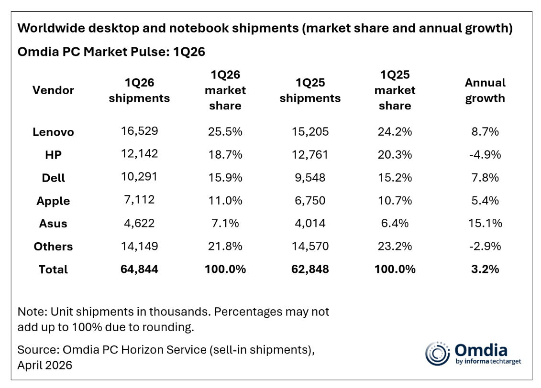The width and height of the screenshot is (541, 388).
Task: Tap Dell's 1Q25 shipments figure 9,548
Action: coord(310,177)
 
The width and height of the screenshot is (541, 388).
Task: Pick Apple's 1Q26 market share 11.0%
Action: coord(225,200)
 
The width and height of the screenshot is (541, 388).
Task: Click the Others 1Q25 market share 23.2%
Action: coord(395,246)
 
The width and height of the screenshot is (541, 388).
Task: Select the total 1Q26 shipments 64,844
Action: coord(139,269)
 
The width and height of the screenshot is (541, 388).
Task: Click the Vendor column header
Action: coord(53,90)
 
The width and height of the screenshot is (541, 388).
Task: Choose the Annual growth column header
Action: coord(485,90)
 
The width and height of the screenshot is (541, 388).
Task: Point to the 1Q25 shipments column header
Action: coord(310,90)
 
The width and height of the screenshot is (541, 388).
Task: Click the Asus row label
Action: coord(53,224)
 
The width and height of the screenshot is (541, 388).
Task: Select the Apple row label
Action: coord(53,201)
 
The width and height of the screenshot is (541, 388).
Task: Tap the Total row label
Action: coord(53,269)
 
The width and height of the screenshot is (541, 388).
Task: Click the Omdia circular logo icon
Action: coord(437,354)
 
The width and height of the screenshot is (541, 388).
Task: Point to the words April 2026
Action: coord(45,365)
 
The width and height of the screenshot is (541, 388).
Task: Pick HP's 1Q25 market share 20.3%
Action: coord(395,154)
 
